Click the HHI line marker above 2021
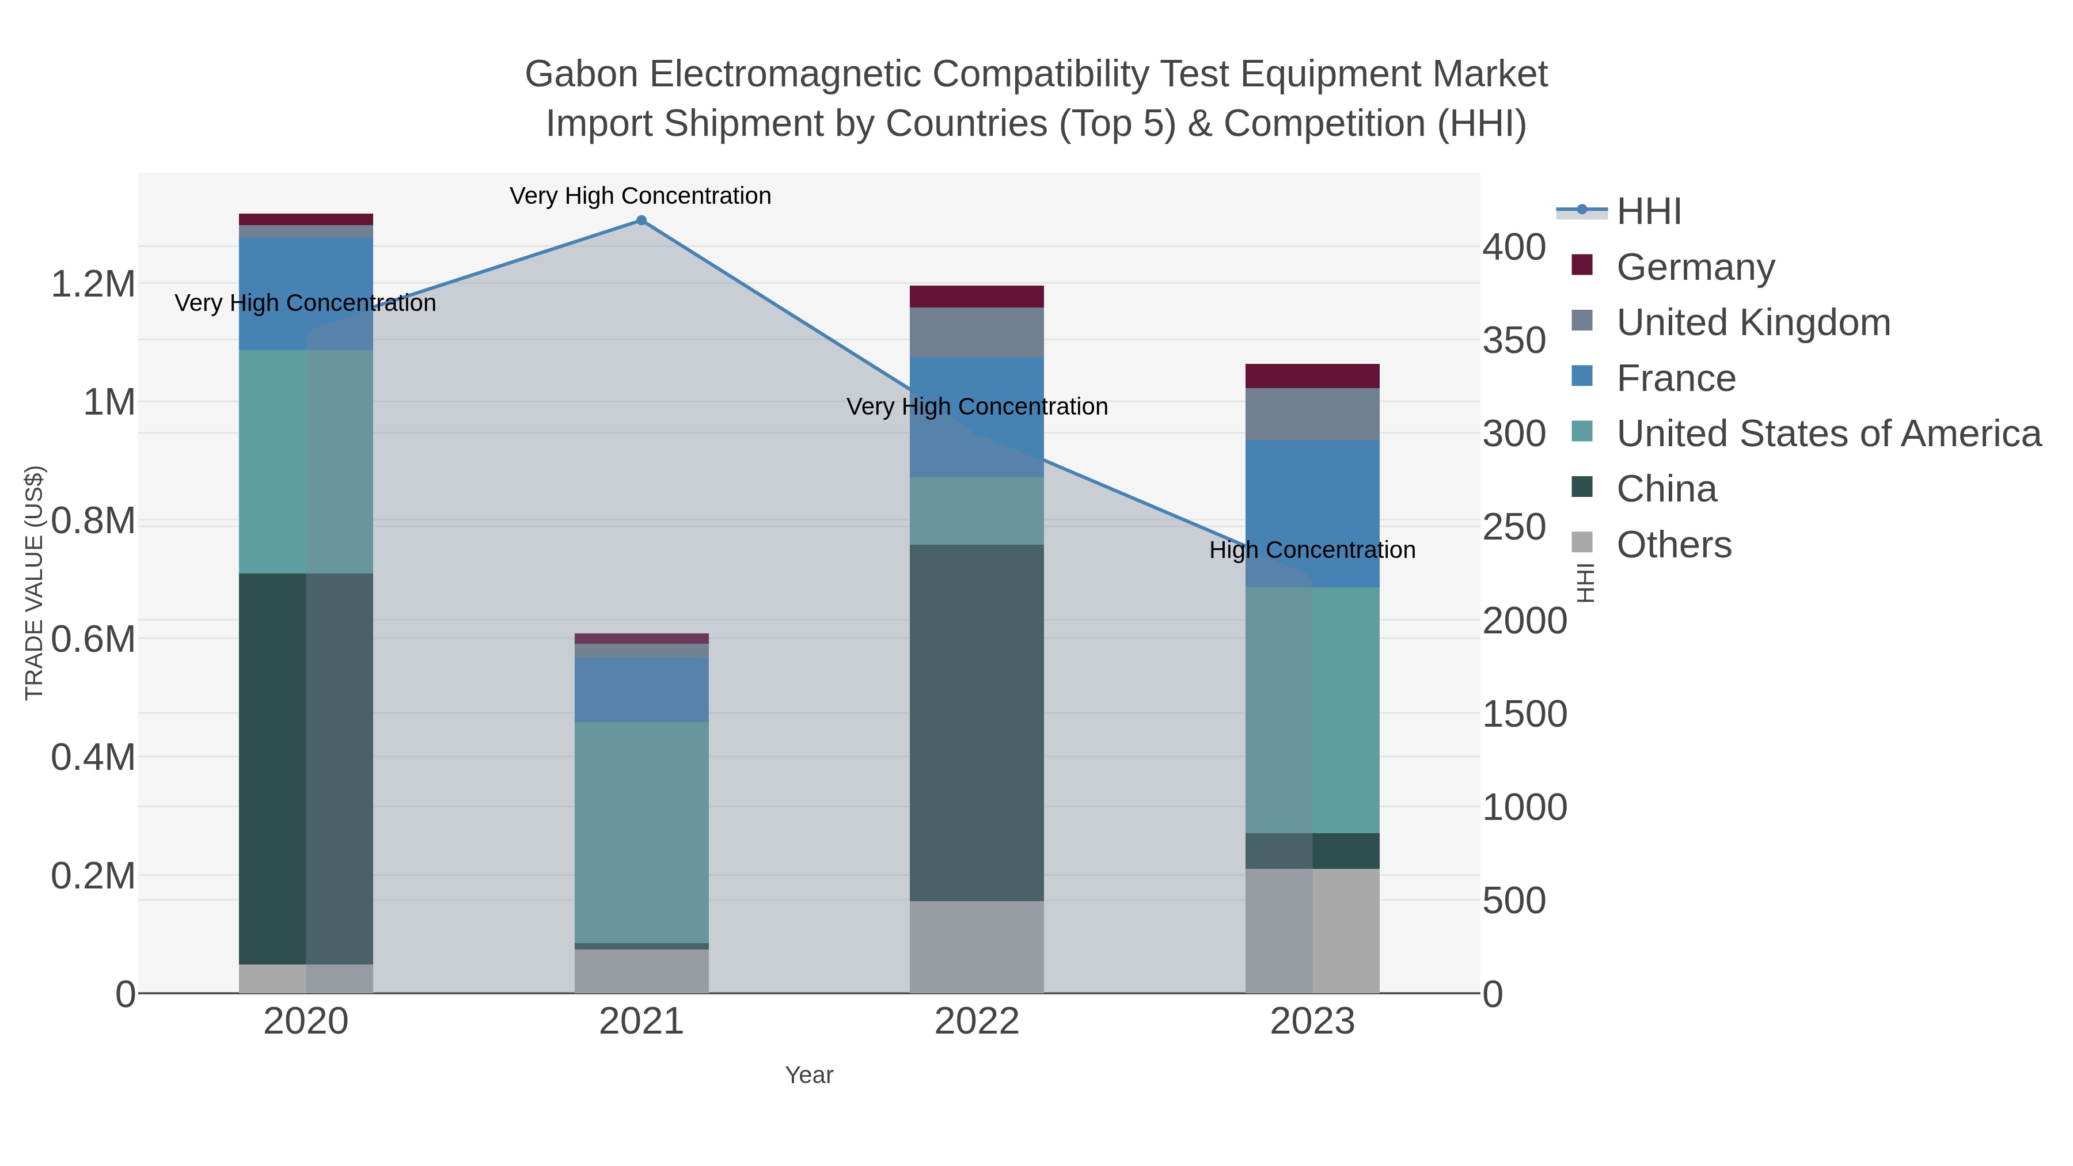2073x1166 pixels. click(x=641, y=221)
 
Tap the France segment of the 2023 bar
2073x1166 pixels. click(x=1312, y=514)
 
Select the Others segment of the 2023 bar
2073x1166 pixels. click(x=1312, y=930)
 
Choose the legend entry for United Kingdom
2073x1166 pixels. click(x=1753, y=322)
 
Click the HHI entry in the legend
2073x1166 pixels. click(x=1648, y=212)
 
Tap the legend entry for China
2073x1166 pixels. click(x=1666, y=489)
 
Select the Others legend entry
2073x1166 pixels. click(x=1673, y=545)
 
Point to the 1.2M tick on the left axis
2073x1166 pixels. click(x=93, y=284)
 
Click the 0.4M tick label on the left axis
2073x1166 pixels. click(x=93, y=757)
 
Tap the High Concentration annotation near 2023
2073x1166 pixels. click(x=1312, y=550)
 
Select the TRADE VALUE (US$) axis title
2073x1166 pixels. click(x=34, y=583)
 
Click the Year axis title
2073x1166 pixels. click(x=809, y=1075)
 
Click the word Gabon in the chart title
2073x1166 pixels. click(x=581, y=74)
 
